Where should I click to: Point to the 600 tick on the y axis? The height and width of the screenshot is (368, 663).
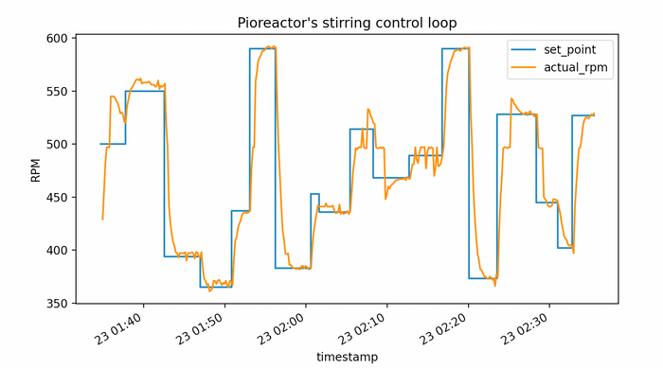(57, 39)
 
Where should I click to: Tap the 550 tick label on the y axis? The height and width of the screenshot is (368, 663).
(57, 92)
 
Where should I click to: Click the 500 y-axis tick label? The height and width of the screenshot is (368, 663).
(57, 145)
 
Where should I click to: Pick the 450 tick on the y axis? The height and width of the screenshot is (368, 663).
(57, 198)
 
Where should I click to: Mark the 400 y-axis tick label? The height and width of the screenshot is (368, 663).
(57, 251)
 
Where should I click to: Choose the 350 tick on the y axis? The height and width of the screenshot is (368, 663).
(57, 304)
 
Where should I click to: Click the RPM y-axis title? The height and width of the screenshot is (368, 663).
(35, 170)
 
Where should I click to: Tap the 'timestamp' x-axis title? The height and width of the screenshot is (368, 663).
(347, 357)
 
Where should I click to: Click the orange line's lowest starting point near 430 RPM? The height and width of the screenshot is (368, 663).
(102, 219)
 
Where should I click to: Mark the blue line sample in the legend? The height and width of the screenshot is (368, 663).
(523, 48)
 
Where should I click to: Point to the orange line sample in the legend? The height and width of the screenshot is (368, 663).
(523, 67)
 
